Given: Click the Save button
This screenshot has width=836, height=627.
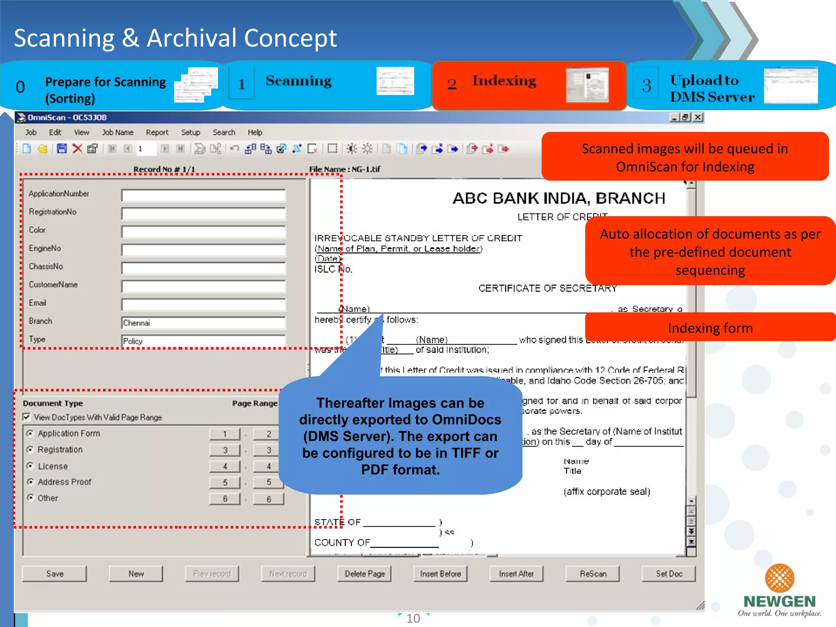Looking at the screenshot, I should click(x=55, y=574).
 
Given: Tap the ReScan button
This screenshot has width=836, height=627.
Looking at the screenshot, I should click(x=593, y=574).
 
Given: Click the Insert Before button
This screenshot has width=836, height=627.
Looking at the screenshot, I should click(x=440, y=574).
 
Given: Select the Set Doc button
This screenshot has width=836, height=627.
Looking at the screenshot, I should click(x=669, y=574).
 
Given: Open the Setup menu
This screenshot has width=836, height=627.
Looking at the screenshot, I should click(x=191, y=132).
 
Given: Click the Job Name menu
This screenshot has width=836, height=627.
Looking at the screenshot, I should click(x=118, y=132).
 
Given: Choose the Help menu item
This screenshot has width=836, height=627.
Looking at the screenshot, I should click(x=255, y=132).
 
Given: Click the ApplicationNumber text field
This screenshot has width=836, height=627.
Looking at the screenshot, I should click(x=203, y=196).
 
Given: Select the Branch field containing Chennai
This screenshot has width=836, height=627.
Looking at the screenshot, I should click(x=203, y=323).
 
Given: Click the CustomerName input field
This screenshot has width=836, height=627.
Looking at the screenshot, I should click(x=203, y=287).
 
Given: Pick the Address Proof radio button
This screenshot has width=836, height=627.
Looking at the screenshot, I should click(x=30, y=482).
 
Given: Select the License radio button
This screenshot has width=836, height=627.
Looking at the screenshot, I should click(x=30, y=466).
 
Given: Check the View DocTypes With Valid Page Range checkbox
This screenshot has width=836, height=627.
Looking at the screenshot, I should click(x=27, y=417).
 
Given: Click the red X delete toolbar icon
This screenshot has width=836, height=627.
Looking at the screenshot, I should click(x=77, y=149).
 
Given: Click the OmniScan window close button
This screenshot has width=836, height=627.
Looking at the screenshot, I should click(x=698, y=118).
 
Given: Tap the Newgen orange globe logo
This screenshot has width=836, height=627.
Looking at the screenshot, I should click(x=779, y=578).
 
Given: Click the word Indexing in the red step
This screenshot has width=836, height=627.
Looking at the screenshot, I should click(x=504, y=81).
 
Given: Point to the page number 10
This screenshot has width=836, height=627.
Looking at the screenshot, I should click(x=413, y=618).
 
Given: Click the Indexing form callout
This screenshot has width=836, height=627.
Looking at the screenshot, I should click(x=710, y=328).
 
